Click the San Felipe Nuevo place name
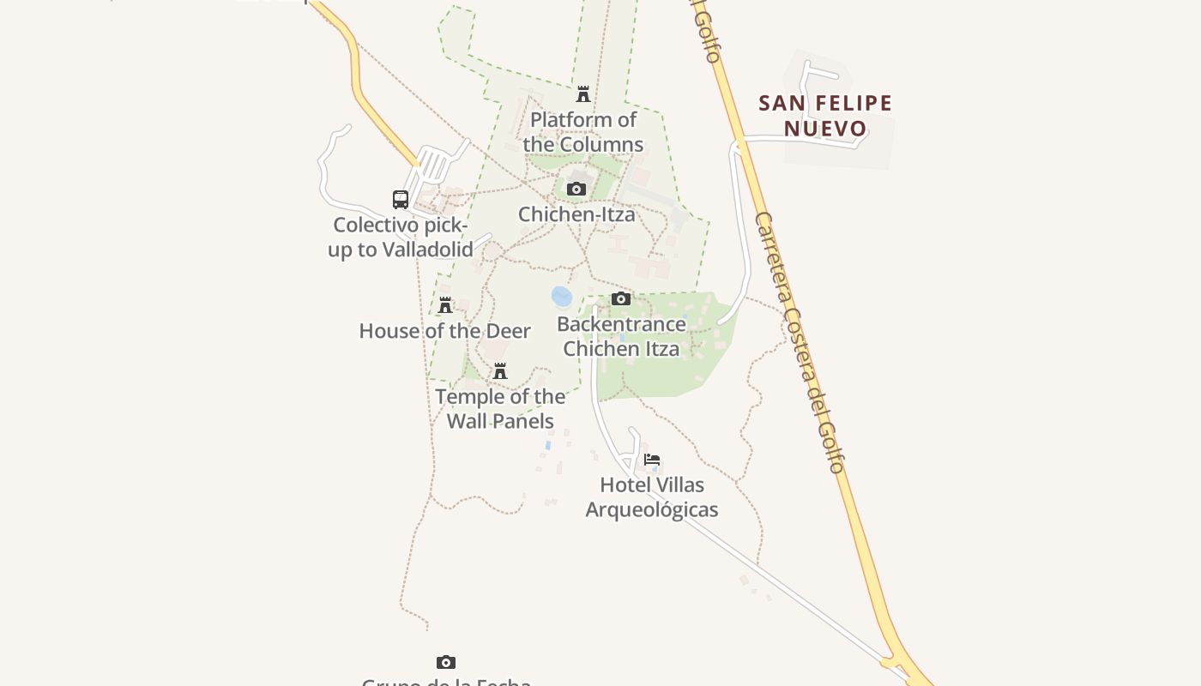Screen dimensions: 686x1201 coord(825,116)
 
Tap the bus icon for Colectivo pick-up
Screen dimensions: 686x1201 coord(401,200)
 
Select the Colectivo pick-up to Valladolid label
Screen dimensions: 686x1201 coord(401,238)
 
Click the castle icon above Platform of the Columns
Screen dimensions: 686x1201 coord(583,93)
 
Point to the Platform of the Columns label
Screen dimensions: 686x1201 coord(583,132)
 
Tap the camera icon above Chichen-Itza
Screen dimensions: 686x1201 coord(576,189)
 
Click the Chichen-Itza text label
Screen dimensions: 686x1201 coord(576,214)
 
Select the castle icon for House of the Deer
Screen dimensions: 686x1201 coord(445,304)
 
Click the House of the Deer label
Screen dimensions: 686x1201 coord(444,331)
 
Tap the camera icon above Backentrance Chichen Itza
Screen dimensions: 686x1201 coord(621,298)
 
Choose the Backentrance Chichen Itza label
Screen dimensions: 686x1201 coord(621,336)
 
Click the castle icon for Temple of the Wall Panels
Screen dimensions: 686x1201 coord(500,370)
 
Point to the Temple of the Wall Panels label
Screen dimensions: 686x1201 coord(500,409)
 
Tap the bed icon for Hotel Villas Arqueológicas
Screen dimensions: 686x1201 coord(652,459)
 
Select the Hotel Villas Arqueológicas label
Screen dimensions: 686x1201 coord(652,497)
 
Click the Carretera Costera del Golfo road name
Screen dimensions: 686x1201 coord(800,343)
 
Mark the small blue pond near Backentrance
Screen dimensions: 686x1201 coord(562,297)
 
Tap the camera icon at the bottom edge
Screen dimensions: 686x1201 coord(446,662)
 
